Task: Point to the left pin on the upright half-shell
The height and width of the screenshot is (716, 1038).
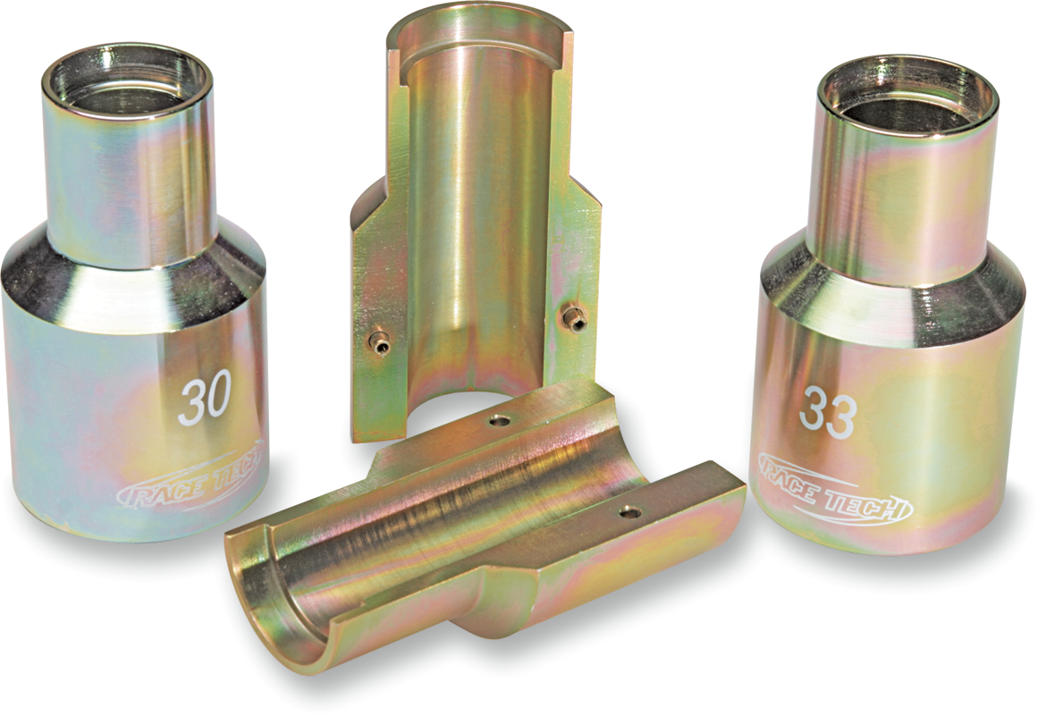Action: (381, 340)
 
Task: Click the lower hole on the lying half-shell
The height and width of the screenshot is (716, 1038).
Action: (633, 511)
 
